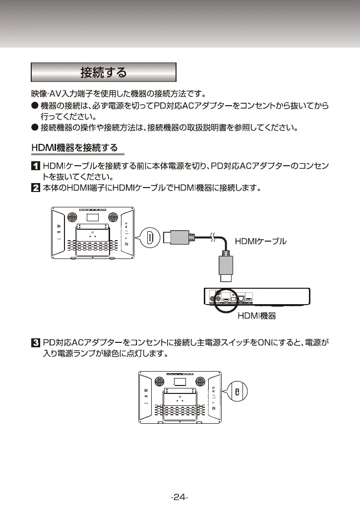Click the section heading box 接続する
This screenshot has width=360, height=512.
(x=104, y=72)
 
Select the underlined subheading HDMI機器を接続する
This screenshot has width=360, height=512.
(x=75, y=148)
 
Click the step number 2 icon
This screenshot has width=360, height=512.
(x=36, y=188)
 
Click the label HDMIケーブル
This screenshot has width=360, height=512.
(x=260, y=242)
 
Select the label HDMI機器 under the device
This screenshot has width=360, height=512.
(x=256, y=316)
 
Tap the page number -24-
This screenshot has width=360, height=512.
(x=180, y=498)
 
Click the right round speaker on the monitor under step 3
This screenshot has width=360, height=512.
(x=199, y=381)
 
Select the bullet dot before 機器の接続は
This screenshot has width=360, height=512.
(x=35, y=106)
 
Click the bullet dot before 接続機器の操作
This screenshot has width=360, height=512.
(x=35, y=128)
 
